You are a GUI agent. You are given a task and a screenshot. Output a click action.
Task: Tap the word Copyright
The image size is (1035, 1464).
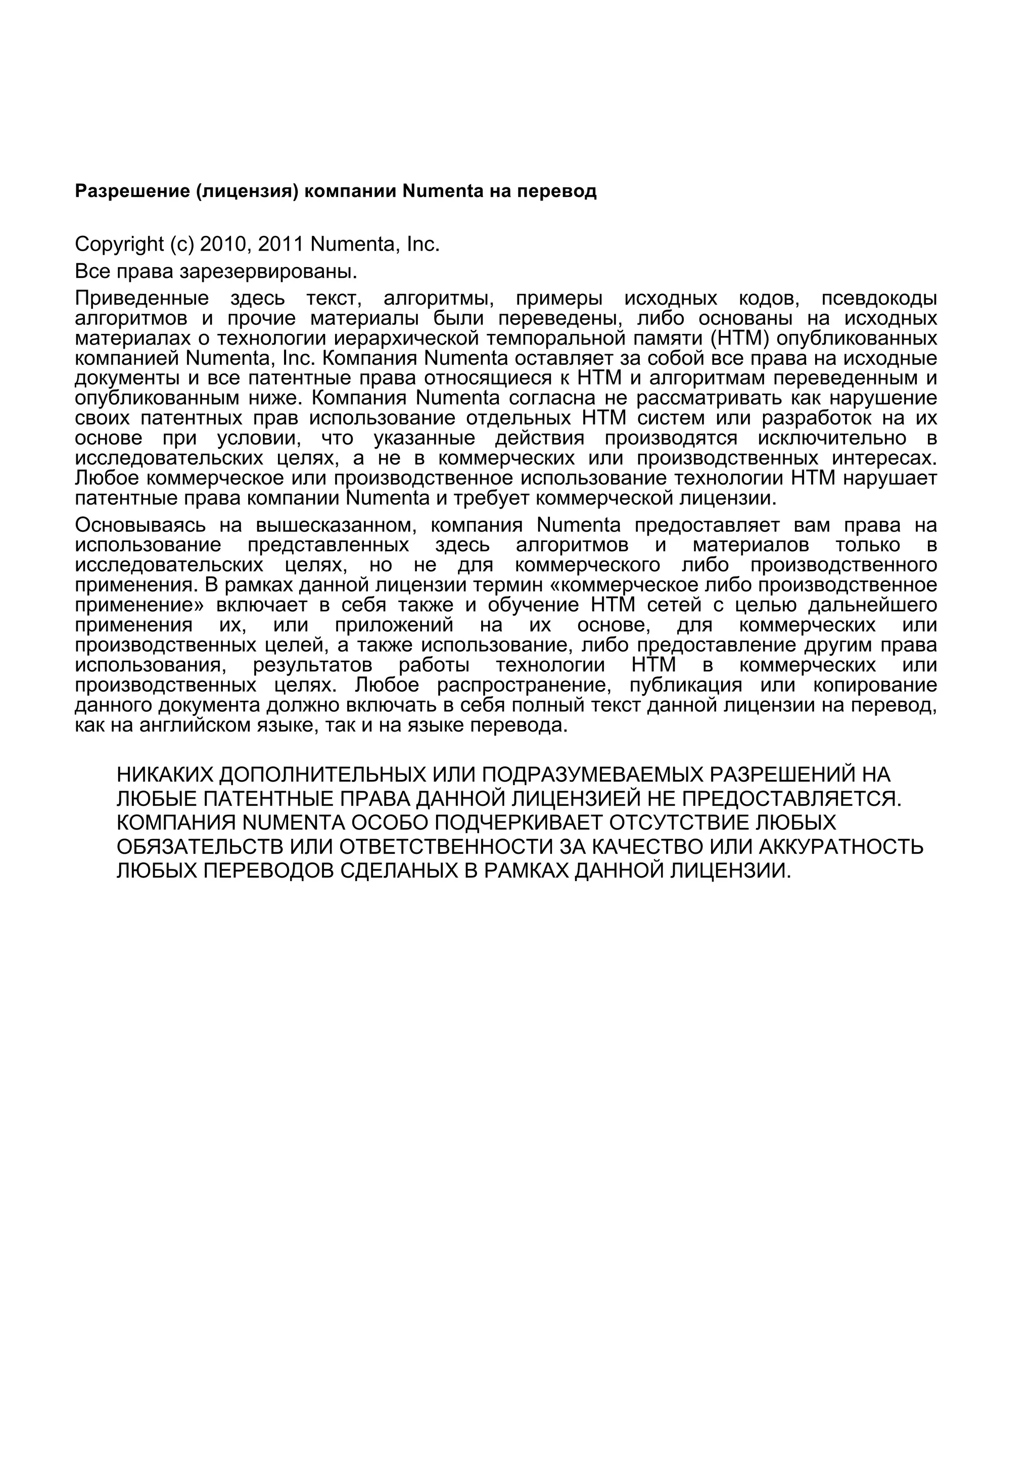[x=119, y=244]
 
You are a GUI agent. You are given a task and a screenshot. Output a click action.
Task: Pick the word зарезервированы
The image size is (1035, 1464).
[x=268, y=272]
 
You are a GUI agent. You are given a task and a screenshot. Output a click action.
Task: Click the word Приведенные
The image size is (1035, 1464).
[x=142, y=299]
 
